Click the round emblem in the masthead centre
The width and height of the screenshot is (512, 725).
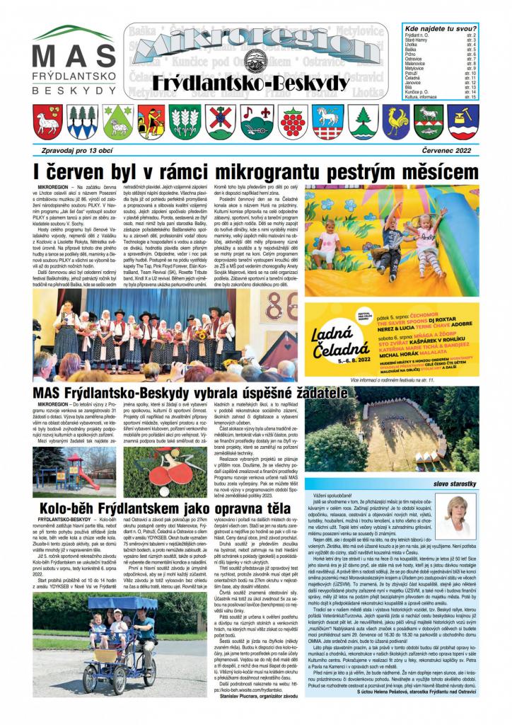point(248,59)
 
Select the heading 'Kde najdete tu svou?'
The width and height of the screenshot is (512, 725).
point(438,28)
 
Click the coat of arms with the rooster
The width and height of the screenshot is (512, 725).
point(397,122)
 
